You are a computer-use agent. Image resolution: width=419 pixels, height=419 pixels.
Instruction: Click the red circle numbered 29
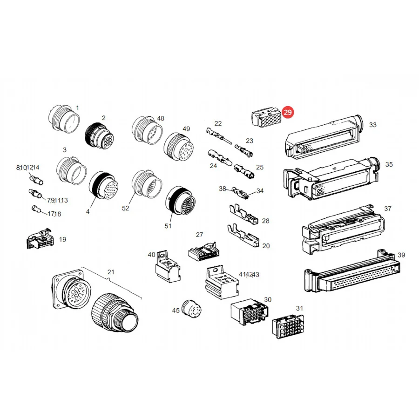pyautogui.click(x=288, y=112)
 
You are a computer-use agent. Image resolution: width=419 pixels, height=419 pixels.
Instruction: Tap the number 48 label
pyautogui.click(x=161, y=118)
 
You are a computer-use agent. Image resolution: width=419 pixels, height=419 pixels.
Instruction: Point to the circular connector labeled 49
pyautogui.click(x=178, y=147)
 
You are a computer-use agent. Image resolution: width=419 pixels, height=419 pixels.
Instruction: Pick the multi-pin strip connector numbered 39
pyautogui.click(x=352, y=272)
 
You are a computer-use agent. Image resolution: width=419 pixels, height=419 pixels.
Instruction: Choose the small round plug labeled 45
pyautogui.click(x=191, y=309)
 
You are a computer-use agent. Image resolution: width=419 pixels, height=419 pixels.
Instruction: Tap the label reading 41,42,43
pyautogui.click(x=249, y=274)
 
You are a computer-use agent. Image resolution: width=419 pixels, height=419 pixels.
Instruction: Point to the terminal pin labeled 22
pyautogui.click(x=219, y=135)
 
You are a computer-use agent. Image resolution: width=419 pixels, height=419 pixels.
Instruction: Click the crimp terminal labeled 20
pyautogui.click(x=243, y=236)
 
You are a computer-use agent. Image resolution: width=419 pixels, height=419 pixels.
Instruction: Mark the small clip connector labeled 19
pyautogui.click(x=40, y=239)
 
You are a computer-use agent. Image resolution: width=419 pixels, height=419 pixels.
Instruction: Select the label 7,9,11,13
pyautogui.click(x=57, y=200)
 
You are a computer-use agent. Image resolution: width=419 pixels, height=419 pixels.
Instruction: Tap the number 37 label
pyautogui.click(x=388, y=209)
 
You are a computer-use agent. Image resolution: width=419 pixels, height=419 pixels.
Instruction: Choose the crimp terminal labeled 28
pyautogui.click(x=244, y=214)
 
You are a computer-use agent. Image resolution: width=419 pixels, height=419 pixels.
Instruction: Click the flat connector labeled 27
pyautogui.click(x=203, y=251)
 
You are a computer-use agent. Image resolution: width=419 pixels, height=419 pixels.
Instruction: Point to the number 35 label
pyautogui.click(x=389, y=164)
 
